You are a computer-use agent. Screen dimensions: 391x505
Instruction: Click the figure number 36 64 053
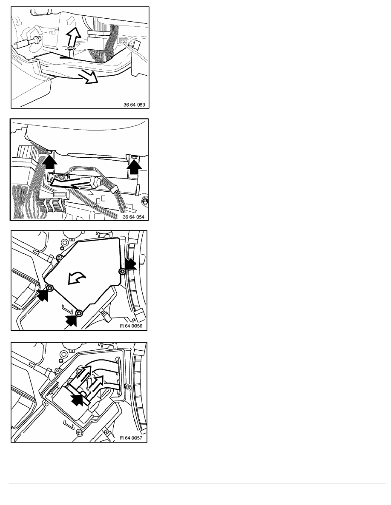134,105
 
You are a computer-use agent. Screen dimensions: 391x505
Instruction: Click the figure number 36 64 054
134,217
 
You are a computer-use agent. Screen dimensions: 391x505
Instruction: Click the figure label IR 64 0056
131,326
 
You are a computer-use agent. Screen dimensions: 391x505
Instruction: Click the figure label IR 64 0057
131,438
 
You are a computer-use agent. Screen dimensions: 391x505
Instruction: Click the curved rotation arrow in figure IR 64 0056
77,278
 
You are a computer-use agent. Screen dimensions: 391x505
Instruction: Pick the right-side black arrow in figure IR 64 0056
130,265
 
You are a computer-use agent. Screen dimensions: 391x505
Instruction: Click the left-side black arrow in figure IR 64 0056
43,295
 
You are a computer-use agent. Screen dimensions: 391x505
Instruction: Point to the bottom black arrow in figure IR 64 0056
71,321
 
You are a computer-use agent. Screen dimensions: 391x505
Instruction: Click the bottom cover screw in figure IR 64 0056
79,313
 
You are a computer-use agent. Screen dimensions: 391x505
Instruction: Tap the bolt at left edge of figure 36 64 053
27,42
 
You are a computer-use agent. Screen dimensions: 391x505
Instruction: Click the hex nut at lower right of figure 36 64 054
145,201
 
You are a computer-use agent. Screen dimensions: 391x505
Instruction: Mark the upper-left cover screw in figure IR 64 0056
59,257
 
